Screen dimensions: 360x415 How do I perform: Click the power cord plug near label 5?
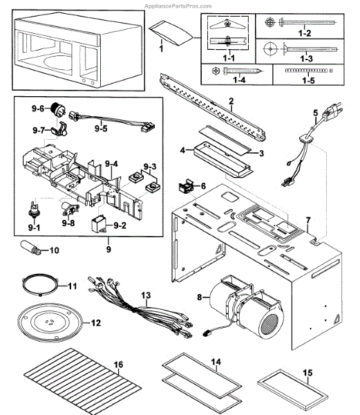(331, 111)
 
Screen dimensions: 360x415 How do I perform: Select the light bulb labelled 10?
(31, 248)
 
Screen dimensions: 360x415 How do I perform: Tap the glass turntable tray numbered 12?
(50, 322)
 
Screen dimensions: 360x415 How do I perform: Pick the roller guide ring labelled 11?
(39, 285)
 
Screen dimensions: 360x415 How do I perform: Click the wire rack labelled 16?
(82, 381)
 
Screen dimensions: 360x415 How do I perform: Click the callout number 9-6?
(38, 109)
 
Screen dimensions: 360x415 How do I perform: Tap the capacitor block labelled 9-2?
(99, 224)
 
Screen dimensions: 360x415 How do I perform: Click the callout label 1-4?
(239, 80)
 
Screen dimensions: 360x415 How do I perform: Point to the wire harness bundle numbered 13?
(140, 307)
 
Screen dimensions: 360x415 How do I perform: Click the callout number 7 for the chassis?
(308, 220)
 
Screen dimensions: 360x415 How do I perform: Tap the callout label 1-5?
(308, 80)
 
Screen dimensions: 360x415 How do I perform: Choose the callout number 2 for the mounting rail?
(231, 101)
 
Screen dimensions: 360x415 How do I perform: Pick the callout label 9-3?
(150, 167)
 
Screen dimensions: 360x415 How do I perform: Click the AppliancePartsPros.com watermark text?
(178, 6)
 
